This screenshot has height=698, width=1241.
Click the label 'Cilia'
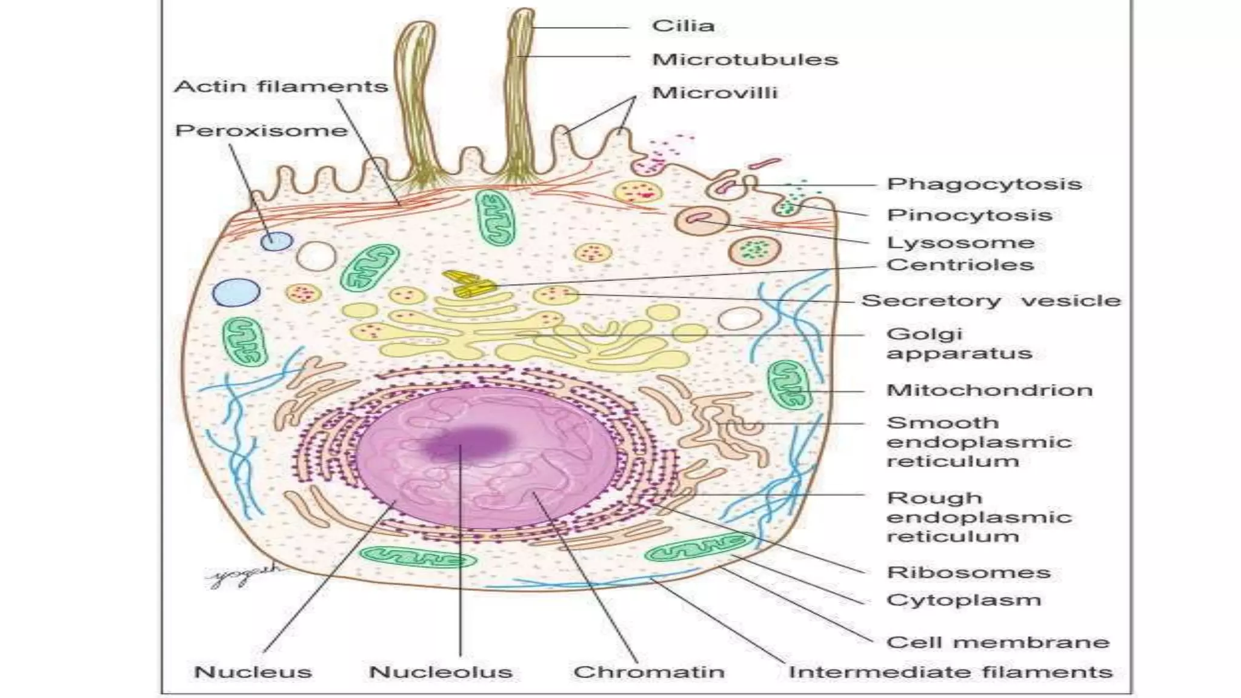[x=683, y=26]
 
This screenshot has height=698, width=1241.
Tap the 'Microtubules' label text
[x=745, y=59]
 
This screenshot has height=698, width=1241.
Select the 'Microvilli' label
[x=714, y=93]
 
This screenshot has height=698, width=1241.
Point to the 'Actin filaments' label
[x=281, y=87]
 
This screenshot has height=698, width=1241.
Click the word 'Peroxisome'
[x=261, y=131]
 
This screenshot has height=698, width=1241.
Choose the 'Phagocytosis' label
[x=984, y=184]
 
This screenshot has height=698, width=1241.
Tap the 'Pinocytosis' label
[x=969, y=215]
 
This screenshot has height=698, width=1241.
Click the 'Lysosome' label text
[x=960, y=243]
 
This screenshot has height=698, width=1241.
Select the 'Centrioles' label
[x=960, y=265]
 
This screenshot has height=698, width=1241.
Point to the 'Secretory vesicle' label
[x=991, y=301]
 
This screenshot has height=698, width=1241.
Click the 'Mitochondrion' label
[x=990, y=390]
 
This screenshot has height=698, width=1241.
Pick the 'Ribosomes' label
[x=968, y=573]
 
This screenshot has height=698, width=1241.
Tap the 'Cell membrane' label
[x=997, y=642]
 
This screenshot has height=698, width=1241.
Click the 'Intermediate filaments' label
[x=950, y=672]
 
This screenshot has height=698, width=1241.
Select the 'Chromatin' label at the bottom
[x=648, y=672]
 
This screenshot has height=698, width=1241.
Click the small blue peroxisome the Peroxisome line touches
[x=276, y=241]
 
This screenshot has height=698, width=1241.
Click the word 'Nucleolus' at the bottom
[x=441, y=672]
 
